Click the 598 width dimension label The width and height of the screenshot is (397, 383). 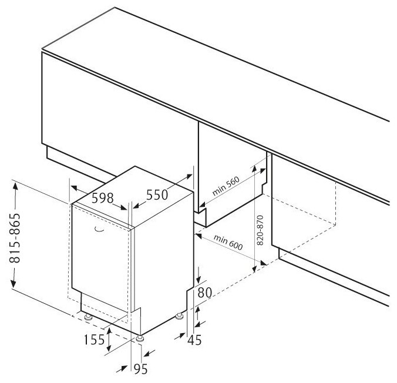[102, 198]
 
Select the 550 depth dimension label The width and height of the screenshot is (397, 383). [157, 195]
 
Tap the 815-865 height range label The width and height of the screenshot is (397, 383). [15, 238]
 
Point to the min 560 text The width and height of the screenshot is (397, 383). [226, 186]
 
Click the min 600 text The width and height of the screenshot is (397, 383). [228, 242]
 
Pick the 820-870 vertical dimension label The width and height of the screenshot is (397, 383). [260, 230]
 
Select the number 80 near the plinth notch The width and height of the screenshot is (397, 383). [204, 293]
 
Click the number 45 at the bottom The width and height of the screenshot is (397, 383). [194, 340]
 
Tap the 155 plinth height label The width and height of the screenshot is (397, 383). [94, 340]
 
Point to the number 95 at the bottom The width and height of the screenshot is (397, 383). [140, 369]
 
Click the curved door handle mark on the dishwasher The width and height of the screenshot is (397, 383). [99, 229]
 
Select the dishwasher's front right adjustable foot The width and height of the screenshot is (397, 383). [140, 339]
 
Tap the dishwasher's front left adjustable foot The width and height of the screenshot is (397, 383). [88, 317]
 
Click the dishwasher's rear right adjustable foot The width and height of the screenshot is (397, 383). [180, 316]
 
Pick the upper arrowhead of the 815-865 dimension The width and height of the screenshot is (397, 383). [15, 186]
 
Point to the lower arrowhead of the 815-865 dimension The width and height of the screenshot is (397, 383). [14, 283]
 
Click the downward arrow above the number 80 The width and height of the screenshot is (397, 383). [198, 274]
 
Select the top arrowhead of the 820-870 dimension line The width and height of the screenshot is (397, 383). [254, 169]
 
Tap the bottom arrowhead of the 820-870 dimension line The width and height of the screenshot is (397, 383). [254, 268]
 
